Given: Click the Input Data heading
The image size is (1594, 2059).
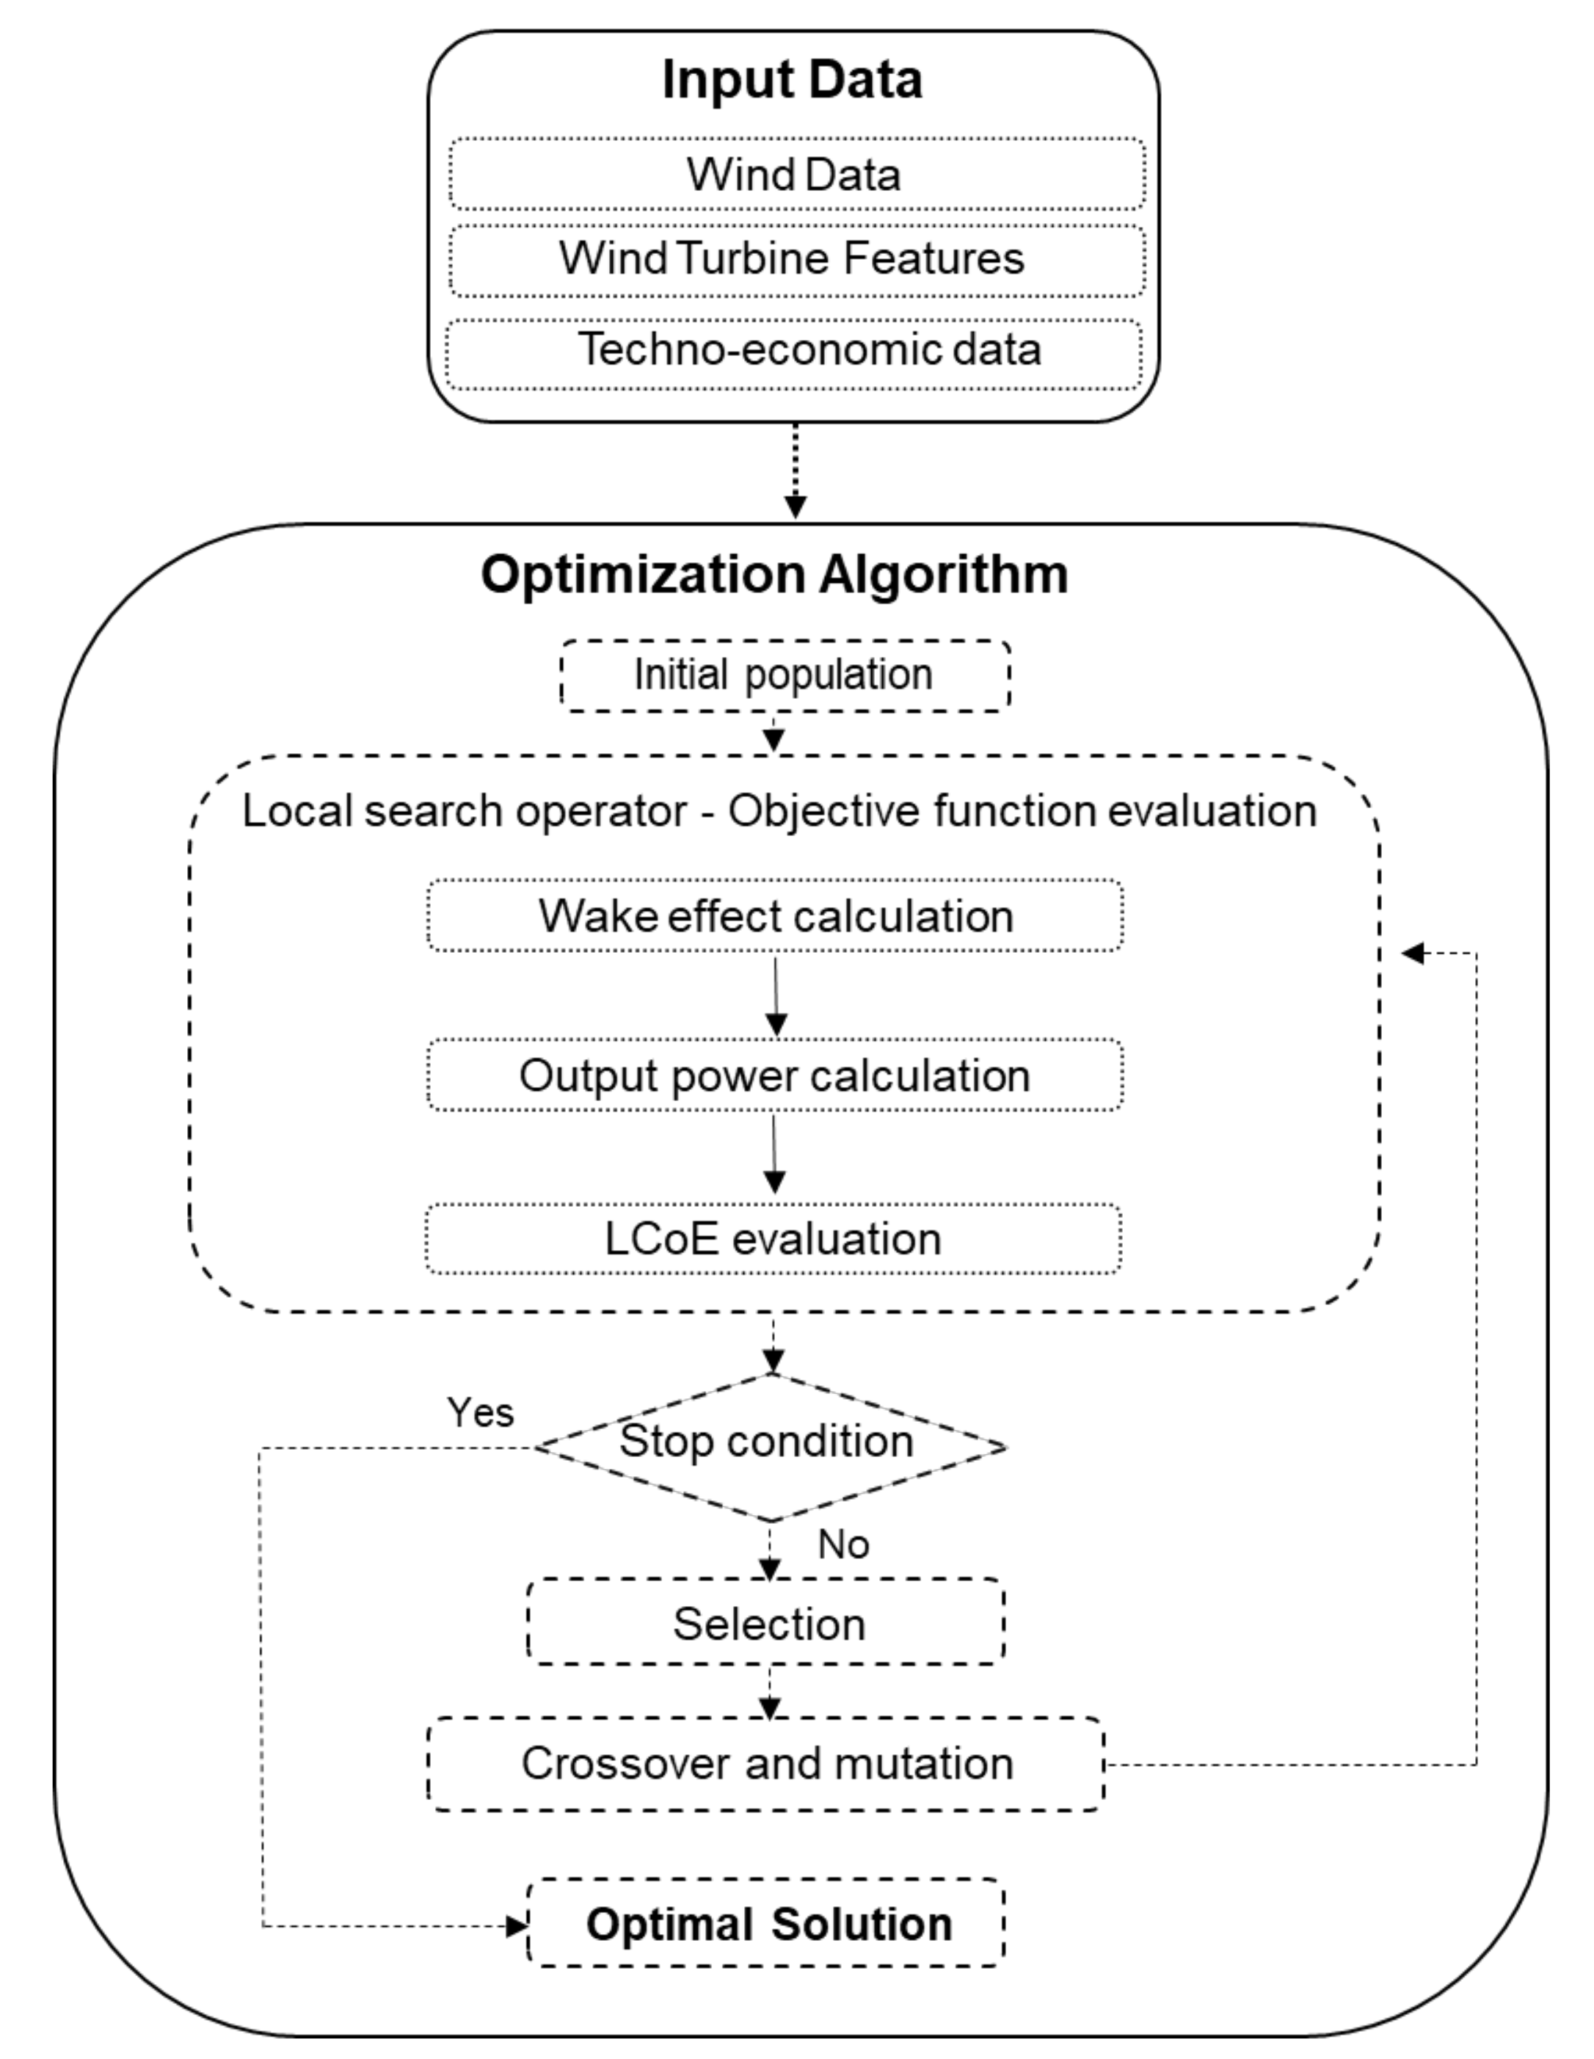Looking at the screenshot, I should tap(792, 79).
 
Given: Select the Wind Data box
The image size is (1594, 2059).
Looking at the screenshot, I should tap(796, 175).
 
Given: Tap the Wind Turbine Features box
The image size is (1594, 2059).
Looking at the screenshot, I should tap(796, 259).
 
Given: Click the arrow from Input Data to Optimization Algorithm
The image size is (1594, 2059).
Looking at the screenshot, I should tap(796, 471).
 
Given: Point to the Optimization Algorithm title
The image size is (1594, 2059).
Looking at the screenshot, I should tap(774, 573).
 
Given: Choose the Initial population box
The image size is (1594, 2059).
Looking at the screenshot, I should tap(785, 675).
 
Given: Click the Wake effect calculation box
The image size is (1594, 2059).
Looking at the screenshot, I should tap(775, 915).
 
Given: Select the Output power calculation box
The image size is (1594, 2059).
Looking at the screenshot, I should tap(775, 1075).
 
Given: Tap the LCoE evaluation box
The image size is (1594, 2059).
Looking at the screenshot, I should tap(773, 1239).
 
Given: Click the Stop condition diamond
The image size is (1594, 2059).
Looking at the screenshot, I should tap(769, 1447).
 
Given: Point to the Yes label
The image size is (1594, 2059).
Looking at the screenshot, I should tap(480, 1412).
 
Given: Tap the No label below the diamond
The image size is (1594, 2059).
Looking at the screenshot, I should tap(843, 1544).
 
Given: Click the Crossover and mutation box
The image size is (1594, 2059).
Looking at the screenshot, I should tap(765, 1764).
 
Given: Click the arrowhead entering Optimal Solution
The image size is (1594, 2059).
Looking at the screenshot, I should tap(517, 1925).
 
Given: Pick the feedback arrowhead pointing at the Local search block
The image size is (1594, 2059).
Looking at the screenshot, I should tap(1412, 953).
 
